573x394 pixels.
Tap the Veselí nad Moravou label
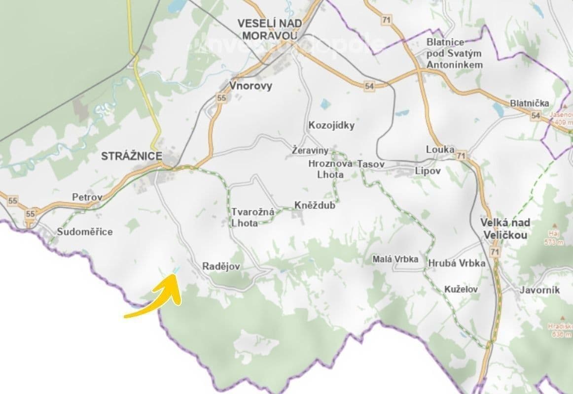[267, 30]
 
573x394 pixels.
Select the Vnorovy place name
[251, 86]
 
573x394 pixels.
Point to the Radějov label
[221, 266]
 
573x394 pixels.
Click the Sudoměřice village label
[85, 231]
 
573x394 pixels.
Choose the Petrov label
[87, 197]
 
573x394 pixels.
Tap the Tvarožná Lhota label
[245, 217]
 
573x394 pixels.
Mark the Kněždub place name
[315, 205]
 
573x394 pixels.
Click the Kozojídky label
[331, 125]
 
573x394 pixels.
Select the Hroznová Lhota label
[326, 169]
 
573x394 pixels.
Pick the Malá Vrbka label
[395, 259]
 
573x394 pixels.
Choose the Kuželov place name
[461, 289]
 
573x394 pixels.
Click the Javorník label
[539, 290]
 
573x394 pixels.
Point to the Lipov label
[428, 171]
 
